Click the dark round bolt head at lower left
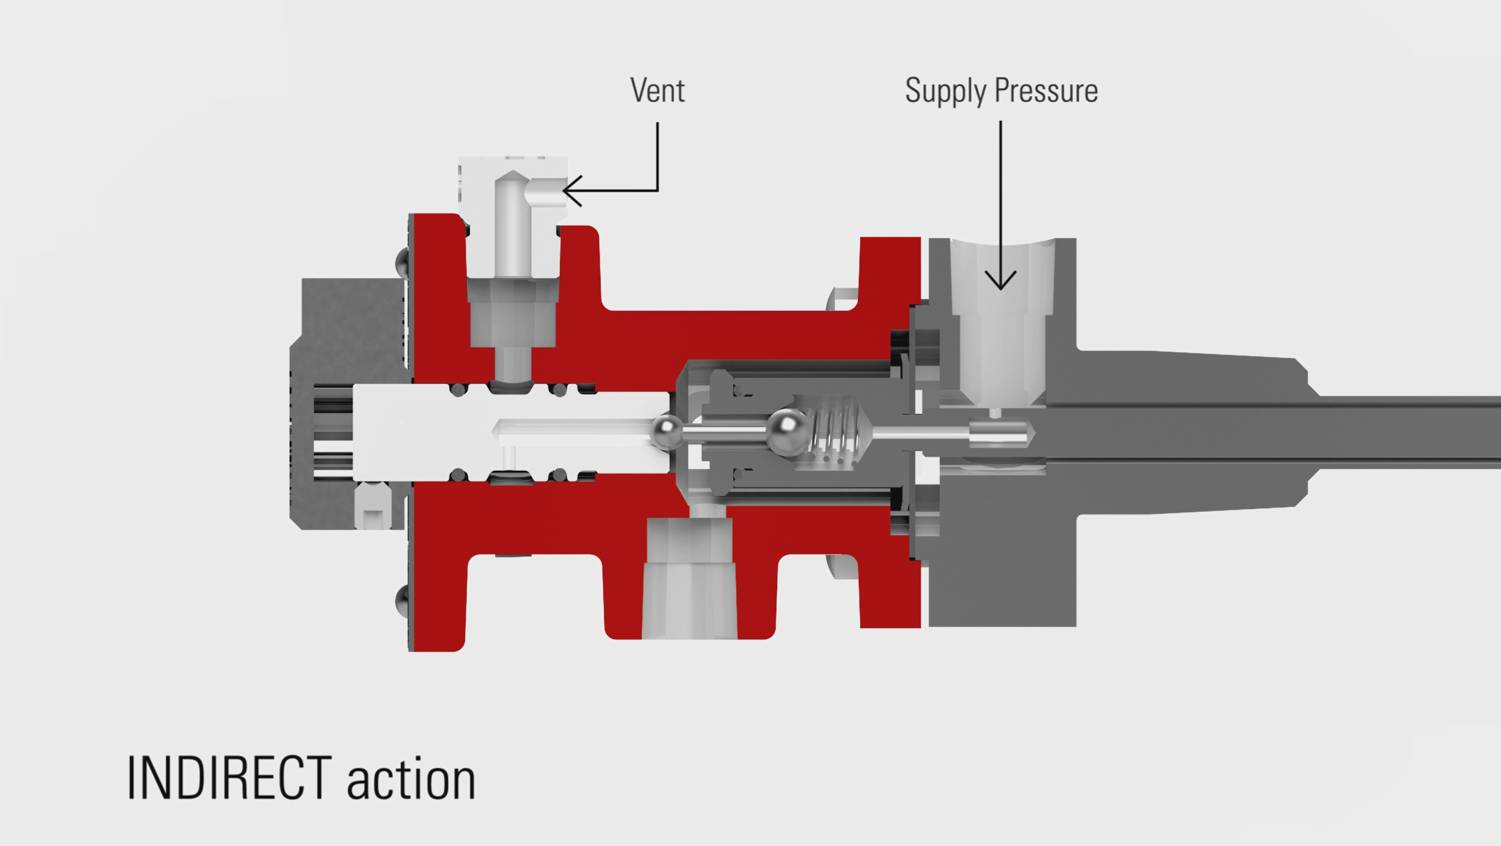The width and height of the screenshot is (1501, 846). [402, 600]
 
